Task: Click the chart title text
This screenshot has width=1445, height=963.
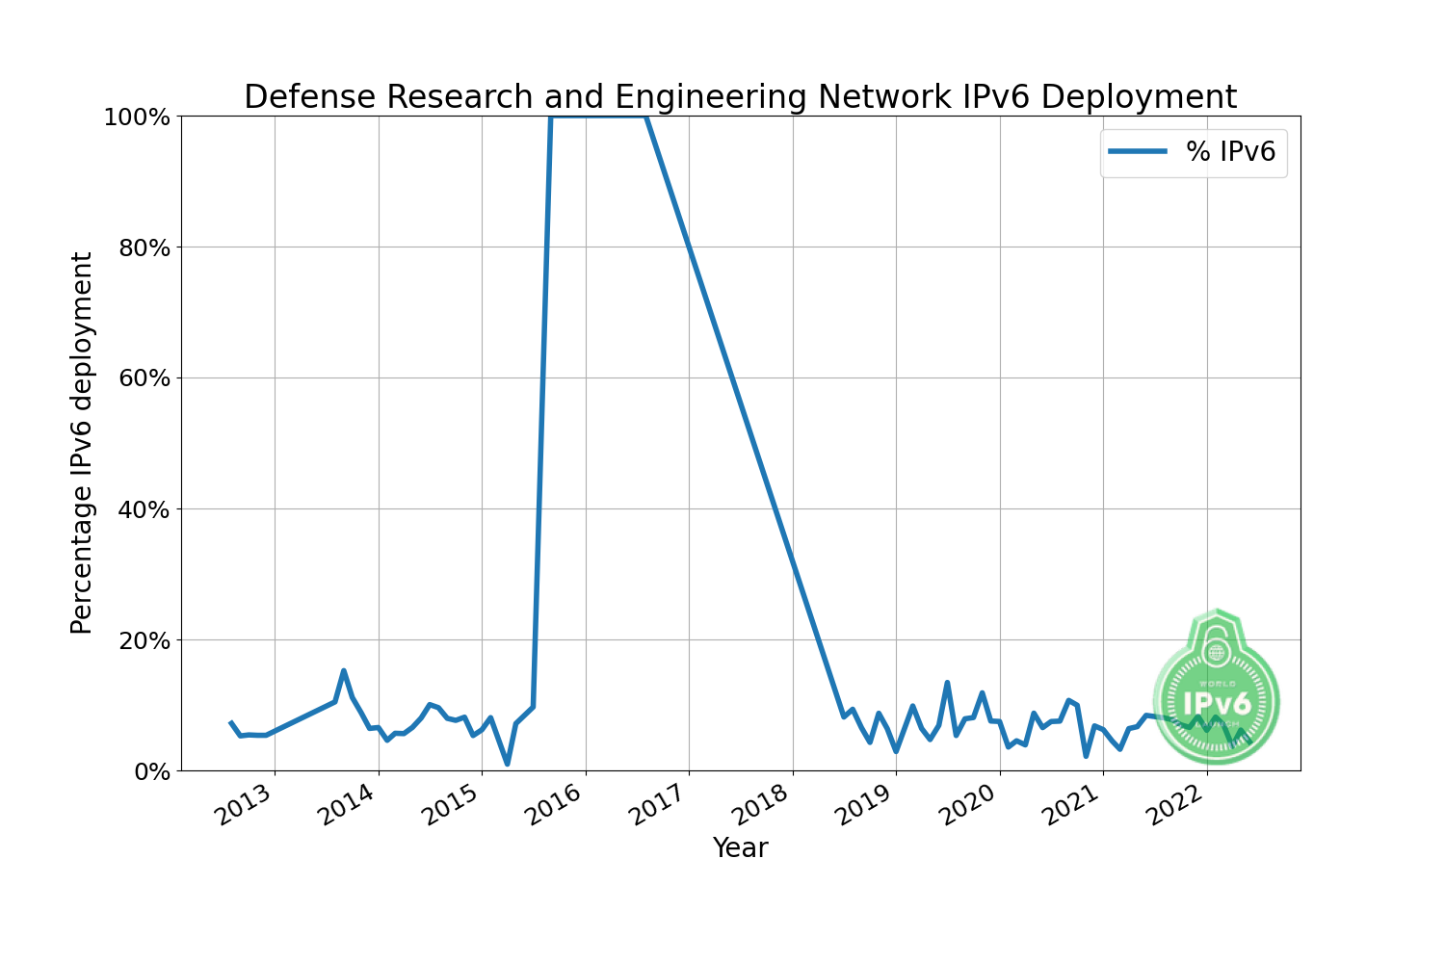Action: pyautogui.click(x=740, y=97)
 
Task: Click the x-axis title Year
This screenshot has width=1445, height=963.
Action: pyautogui.click(x=740, y=848)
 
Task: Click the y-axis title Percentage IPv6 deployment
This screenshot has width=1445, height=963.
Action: pyautogui.click(x=83, y=443)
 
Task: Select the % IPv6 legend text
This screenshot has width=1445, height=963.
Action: pyautogui.click(x=1230, y=151)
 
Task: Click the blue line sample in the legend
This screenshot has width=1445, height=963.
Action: pyautogui.click(x=1138, y=151)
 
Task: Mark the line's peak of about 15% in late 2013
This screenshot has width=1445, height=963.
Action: pyautogui.click(x=344, y=670)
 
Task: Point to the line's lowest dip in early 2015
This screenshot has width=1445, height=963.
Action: pyautogui.click(x=508, y=764)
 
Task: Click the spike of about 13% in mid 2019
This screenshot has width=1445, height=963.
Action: pyautogui.click(x=947, y=682)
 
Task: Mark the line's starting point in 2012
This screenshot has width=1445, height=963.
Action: pyautogui.click(x=230, y=722)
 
